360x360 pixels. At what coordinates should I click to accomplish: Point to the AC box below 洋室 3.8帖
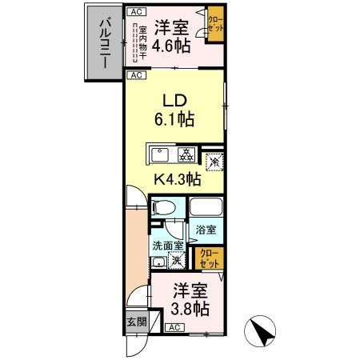174,327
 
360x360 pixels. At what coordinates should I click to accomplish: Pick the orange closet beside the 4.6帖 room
214,23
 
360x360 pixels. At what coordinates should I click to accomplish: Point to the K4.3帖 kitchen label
177,181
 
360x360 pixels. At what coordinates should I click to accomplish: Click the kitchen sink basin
158,154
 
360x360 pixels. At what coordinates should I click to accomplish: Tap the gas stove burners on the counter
184,154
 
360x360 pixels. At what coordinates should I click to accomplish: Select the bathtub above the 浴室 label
206,209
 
